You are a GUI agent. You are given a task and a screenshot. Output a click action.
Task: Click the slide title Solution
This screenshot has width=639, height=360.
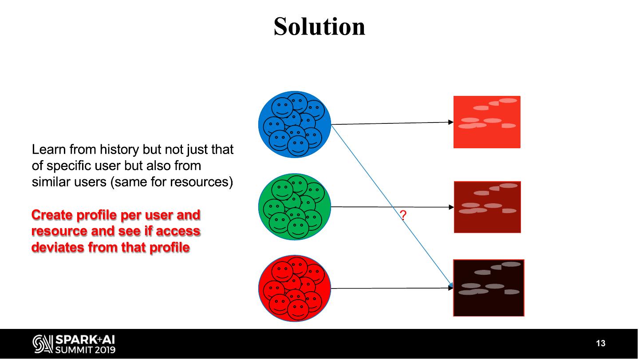[319, 26]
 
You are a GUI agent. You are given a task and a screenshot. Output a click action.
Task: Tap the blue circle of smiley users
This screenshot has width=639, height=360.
[295, 124]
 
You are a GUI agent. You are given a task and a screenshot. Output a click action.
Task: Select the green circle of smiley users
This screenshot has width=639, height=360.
[295, 207]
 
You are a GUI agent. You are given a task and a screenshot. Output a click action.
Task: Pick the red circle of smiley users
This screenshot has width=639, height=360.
[295, 289]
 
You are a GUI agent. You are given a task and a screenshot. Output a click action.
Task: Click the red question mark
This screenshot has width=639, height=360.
[403, 216]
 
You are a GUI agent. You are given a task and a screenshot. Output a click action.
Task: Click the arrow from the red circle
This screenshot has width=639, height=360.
[390, 289]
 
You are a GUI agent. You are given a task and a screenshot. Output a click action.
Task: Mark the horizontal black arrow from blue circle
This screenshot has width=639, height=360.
[390, 123]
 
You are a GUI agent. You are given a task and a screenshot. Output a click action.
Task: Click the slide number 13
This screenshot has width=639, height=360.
[600, 344]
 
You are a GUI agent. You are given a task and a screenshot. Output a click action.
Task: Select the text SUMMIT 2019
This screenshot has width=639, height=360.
[85, 349]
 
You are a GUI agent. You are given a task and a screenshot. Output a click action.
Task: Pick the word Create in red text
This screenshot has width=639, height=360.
[52, 215]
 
